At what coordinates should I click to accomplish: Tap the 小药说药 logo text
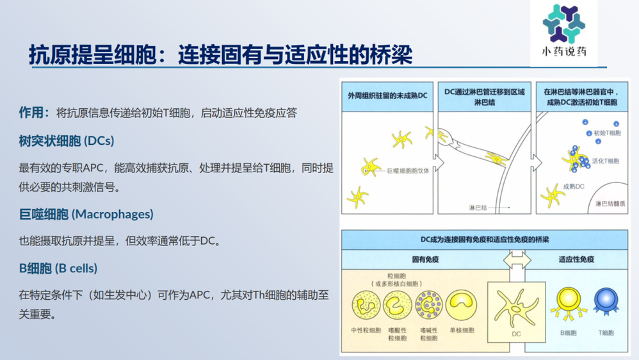pos(563,52)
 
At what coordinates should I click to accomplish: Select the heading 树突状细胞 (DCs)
pos(67,140)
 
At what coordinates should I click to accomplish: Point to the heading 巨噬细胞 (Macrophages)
pos(86,214)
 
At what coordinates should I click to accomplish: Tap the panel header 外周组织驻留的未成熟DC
pos(387,94)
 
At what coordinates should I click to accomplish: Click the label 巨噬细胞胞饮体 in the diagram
pos(408,170)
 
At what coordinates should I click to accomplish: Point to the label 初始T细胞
pos(606,133)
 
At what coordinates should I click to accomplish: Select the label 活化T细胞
pos(605,161)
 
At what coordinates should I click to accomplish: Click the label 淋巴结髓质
pos(610,204)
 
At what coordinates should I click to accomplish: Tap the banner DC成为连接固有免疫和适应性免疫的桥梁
pos(484,239)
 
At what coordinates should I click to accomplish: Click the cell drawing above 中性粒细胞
pos(366,305)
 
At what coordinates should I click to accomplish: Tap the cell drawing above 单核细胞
pos(461,305)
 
